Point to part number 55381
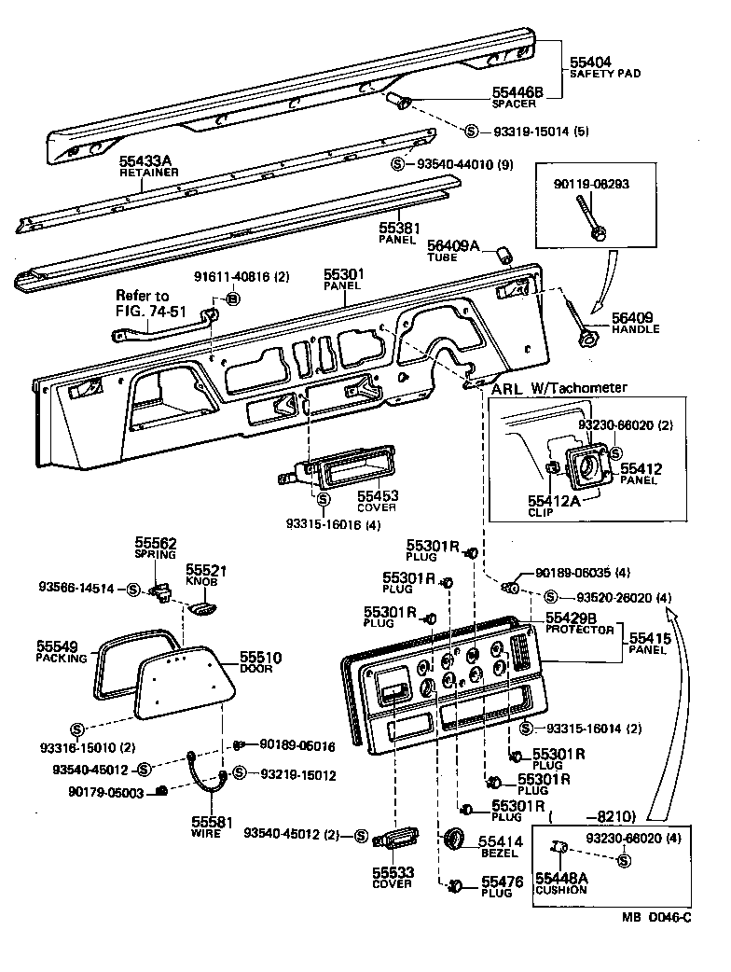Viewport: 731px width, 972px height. (x=398, y=227)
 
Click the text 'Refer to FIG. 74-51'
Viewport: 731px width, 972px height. (x=143, y=302)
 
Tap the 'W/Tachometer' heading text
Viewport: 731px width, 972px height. (x=578, y=388)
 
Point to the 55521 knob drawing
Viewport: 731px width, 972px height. (x=200, y=608)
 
